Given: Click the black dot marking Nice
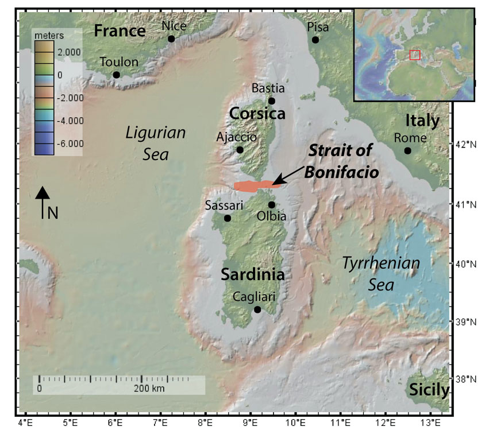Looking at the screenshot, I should pyautogui.click(x=171, y=39).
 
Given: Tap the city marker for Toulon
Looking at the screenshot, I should pyautogui.click(x=116, y=75).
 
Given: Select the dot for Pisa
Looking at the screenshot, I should pyautogui.click(x=315, y=40).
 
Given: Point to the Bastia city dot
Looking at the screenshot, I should pyautogui.click(x=272, y=101).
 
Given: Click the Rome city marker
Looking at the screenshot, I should pyautogui.click(x=407, y=150).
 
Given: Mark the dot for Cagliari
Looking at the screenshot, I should pyautogui.click(x=257, y=309).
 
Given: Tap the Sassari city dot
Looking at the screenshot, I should pyautogui.click(x=228, y=218).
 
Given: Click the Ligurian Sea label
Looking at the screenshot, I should pyautogui.click(x=156, y=142).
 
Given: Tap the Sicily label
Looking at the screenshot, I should pyautogui.click(x=429, y=390).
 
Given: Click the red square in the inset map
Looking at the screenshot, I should pyautogui.click(x=415, y=55).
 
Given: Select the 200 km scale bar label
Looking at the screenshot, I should pyautogui.click(x=149, y=389).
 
